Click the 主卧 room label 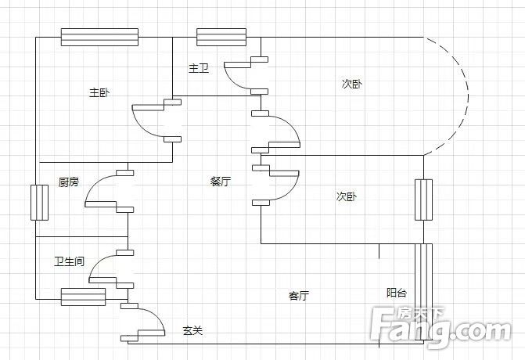(99, 92)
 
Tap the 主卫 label (199, 68)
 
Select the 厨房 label (69, 182)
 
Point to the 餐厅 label (221, 181)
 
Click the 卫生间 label (70, 261)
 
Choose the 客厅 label (299, 296)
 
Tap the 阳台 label (397, 293)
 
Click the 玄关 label (192, 331)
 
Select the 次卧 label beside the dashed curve (352, 84)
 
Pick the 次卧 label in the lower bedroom (347, 196)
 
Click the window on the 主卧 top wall (100, 37)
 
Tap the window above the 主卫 (221, 37)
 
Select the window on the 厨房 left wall (39, 203)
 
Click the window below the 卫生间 (84, 297)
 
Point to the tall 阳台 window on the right (423, 292)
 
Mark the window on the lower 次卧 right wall (423, 200)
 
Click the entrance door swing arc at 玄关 (157, 315)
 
